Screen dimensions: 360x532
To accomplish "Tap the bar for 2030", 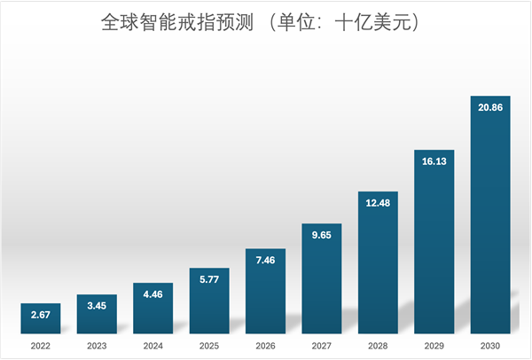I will [x=490, y=222].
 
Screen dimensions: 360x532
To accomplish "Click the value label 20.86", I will [x=490, y=106].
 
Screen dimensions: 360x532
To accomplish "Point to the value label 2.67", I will [x=40, y=315].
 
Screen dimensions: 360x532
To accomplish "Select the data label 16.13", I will [x=434, y=162].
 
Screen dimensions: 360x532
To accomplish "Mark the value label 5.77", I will [x=209, y=280].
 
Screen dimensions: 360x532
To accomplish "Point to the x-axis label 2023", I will [x=97, y=345].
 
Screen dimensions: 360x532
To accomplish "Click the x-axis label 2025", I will [x=209, y=345].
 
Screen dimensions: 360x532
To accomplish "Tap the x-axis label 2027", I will [x=322, y=345].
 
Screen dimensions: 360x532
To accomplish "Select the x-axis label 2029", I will [x=434, y=345].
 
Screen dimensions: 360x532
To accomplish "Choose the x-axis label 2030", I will [x=490, y=345].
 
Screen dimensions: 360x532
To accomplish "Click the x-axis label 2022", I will [x=40, y=345].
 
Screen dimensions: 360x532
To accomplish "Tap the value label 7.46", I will [x=265, y=261].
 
